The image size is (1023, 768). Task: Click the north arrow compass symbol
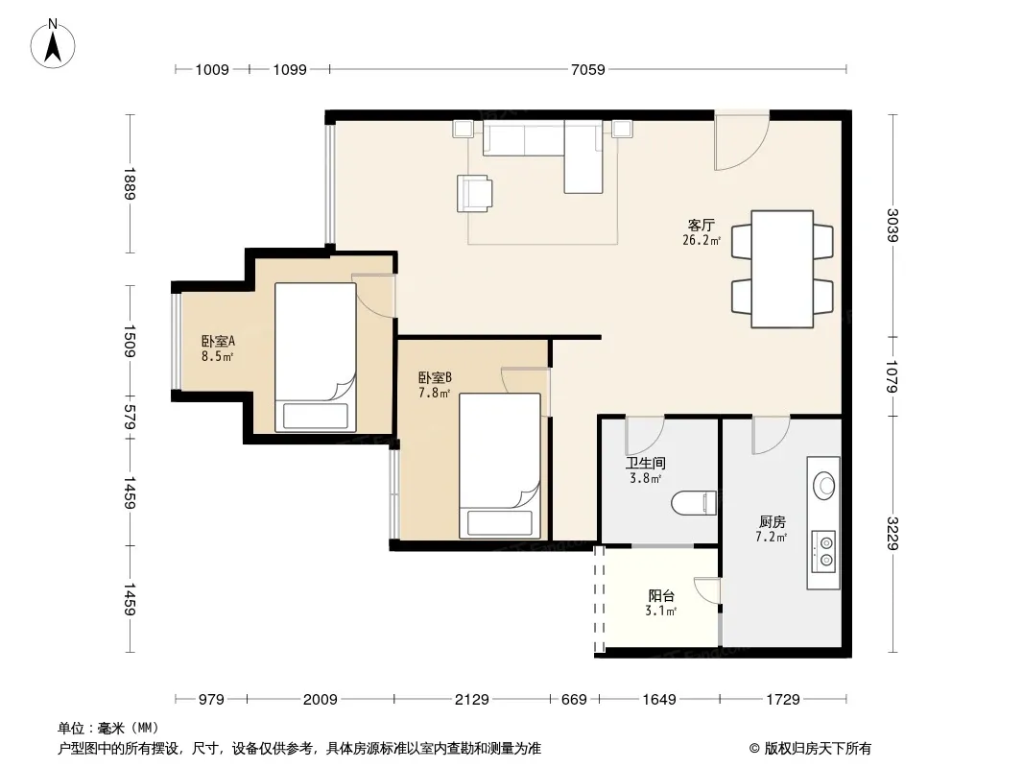point(53,44)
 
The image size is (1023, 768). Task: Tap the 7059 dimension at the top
point(588,69)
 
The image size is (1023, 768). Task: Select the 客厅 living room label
point(702,225)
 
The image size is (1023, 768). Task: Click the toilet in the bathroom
point(694,502)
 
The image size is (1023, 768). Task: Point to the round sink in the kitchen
point(824,486)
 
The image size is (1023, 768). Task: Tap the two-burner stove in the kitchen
point(823,551)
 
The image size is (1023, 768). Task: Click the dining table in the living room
point(781,269)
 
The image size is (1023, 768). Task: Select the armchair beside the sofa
point(474,193)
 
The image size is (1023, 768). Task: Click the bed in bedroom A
point(315,357)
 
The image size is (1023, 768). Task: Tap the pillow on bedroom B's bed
point(500,522)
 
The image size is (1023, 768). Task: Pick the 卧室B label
point(435,377)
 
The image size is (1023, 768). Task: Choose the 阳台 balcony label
point(661,595)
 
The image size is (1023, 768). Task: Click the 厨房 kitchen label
point(772,521)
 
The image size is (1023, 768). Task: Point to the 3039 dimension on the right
point(892,225)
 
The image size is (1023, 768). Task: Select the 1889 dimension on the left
point(130,184)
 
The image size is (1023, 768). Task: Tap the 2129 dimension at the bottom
point(471,700)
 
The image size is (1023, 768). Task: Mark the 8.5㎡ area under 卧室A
point(217,356)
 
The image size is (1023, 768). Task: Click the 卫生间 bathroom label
point(645,463)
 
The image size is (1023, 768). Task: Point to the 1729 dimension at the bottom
point(783,700)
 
